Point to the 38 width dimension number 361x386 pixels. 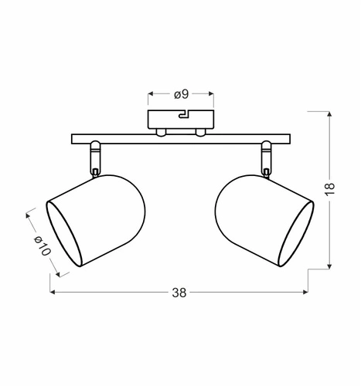tap(179, 293)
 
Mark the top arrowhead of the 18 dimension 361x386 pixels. tap(330, 115)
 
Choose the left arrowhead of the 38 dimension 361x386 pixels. tap(53, 293)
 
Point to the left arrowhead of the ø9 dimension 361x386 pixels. tap(150, 94)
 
